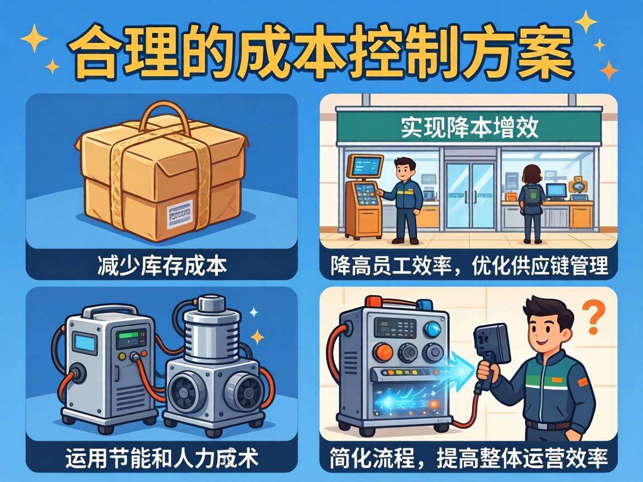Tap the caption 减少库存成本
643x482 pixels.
pos(161,264)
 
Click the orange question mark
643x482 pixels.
pos(597,316)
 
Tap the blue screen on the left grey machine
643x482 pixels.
pos(85,342)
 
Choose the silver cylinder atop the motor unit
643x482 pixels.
pos(212,330)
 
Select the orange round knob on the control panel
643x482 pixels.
pos(383,352)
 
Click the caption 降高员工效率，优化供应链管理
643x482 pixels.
pos(469,264)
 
